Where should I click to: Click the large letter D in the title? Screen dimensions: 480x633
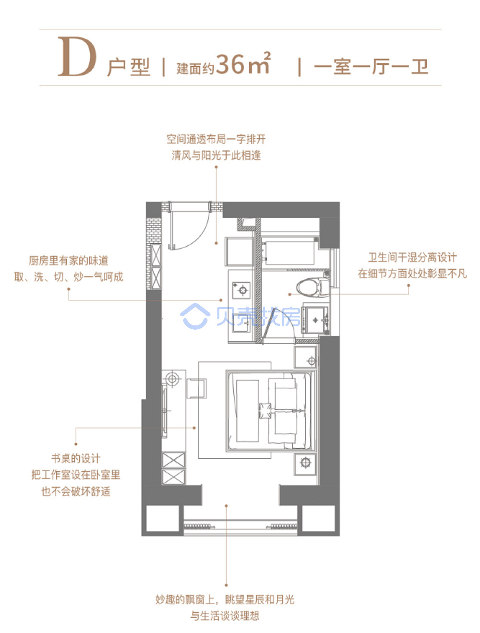[77, 57]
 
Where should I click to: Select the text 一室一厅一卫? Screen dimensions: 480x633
[371, 67]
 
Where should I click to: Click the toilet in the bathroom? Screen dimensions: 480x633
[312, 287]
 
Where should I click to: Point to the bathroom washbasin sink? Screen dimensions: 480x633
[315, 319]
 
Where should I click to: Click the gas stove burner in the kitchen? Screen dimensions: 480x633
[241, 290]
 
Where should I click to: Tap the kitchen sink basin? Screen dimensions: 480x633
[241, 323]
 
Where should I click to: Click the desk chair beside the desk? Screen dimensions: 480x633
[196, 388]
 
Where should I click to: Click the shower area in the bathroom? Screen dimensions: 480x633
[289, 251]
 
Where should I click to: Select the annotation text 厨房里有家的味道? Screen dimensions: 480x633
[69, 261]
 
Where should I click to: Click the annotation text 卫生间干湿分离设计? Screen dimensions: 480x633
[412, 258]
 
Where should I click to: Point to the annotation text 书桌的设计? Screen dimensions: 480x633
[76, 458]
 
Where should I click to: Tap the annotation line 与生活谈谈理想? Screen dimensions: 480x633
[225, 615]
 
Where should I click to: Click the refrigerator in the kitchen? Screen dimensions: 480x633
[240, 251]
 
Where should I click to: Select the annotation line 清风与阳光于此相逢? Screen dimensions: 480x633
[216, 155]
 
